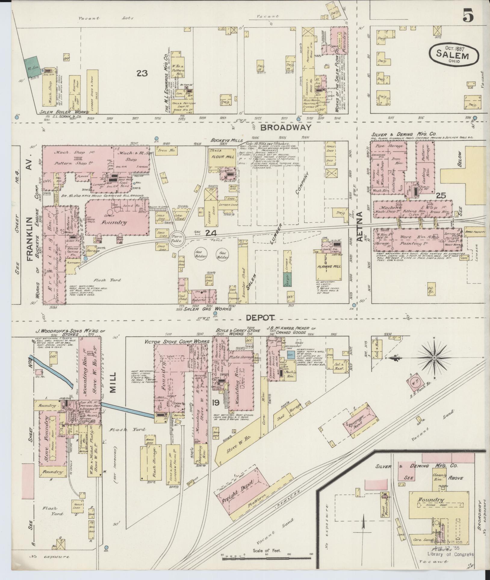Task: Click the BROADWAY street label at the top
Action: (285, 128)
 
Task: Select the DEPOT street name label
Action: (261, 318)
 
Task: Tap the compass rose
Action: (434, 358)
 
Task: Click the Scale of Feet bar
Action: (267, 559)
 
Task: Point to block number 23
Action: (142, 73)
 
